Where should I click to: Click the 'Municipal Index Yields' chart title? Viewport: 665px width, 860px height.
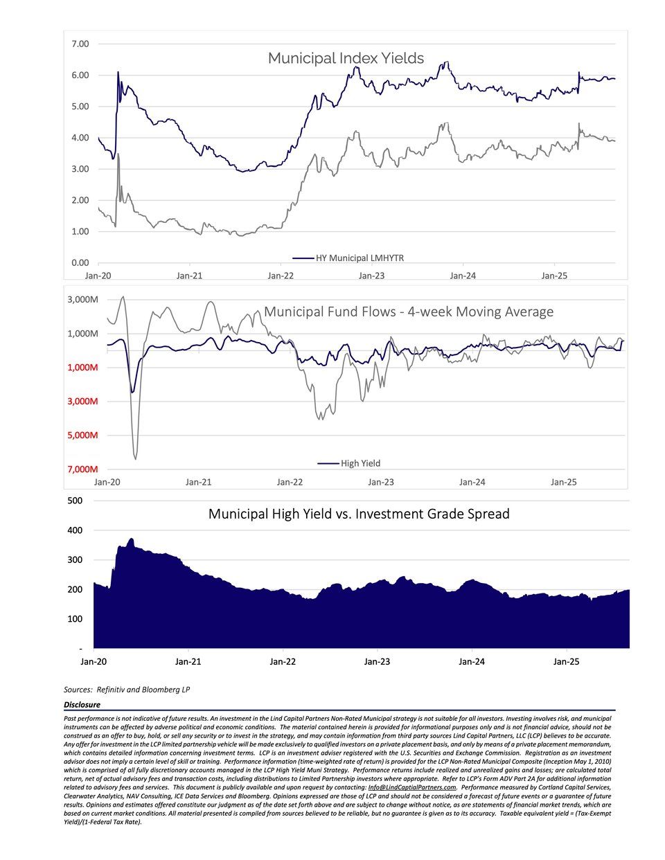coord(346,58)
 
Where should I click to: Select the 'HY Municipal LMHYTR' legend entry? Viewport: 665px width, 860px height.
coord(360,258)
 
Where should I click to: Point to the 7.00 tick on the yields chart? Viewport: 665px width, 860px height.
coord(80,44)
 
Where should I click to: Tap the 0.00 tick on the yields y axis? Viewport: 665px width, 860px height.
coord(80,262)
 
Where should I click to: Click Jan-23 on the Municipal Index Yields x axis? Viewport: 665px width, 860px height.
coord(371,276)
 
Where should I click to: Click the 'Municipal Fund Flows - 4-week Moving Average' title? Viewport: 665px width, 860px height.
coord(409,312)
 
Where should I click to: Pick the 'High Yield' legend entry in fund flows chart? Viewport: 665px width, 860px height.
coord(360,463)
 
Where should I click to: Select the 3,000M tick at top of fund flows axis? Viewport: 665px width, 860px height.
coord(82,300)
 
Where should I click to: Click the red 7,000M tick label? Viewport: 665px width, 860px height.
coord(82,469)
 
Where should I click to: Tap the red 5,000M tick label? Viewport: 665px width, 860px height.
coord(82,435)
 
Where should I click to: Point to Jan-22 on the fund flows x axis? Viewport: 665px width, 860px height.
coord(290,482)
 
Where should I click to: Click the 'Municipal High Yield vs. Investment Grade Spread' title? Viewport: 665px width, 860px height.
coord(359,514)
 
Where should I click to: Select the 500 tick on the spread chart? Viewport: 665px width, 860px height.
coord(74,501)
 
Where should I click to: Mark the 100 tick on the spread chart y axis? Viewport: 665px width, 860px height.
coord(74,619)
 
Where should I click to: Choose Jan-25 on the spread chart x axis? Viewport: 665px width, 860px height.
coord(566,661)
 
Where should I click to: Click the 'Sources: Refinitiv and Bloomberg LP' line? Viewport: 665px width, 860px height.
coord(127,690)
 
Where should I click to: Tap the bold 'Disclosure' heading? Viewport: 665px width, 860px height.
coord(82,705)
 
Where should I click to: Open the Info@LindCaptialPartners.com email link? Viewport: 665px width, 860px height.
coord(411,787)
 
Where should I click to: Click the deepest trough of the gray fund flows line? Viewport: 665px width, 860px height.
coord(135,458)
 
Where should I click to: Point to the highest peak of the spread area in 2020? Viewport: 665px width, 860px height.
coord(131,539)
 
